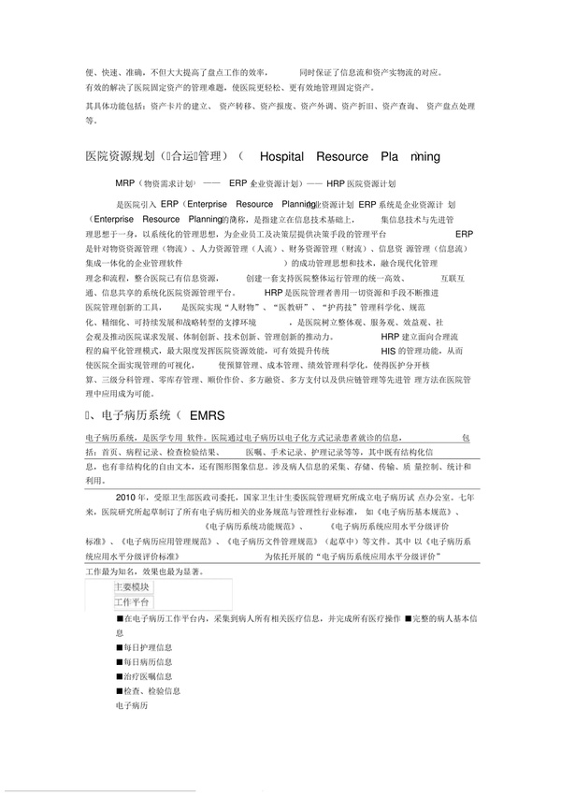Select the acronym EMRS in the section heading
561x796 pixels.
207,413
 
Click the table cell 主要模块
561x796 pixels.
132,586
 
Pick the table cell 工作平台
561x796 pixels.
132,601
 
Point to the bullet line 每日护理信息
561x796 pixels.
144,645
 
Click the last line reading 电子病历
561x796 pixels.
130,705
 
